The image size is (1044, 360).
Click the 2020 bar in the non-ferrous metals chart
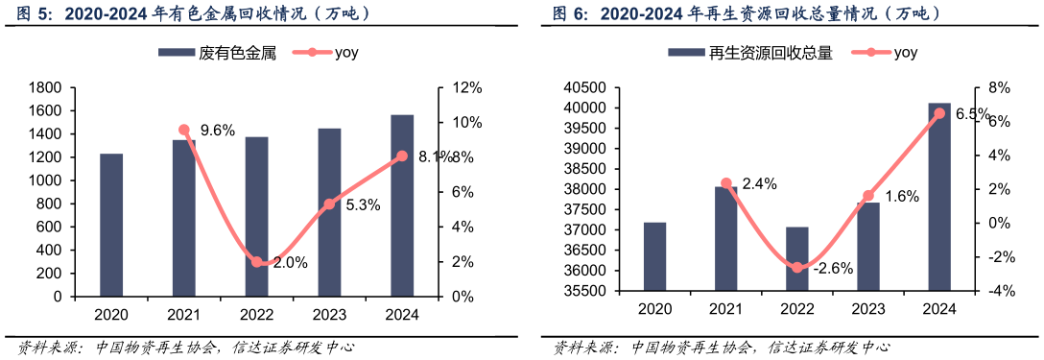click(111, 225)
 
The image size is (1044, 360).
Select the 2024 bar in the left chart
click(402, 205)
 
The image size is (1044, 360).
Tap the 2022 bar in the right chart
click(797, 258)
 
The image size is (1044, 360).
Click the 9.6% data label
click(216, 131)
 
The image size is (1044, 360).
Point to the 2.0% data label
click(290, 263)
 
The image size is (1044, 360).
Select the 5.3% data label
click(363, 204)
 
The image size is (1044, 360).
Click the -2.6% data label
click(833, 268)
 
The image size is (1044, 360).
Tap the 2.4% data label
click(760, 183)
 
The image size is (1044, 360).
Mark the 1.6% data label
click(901, 197)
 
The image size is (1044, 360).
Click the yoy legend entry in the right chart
click(894, 54)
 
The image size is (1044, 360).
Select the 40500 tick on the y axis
click(584, 87)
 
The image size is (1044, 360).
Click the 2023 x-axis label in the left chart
click(329, 313)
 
